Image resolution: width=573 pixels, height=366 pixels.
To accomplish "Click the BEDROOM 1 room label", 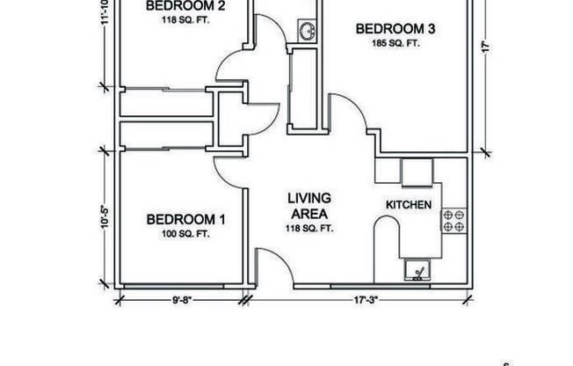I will (x=185, y=218).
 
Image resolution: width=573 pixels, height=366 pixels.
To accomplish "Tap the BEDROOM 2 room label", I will (x=186, y=5).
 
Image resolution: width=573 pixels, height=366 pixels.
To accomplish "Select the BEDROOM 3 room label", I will (x=395, y=28).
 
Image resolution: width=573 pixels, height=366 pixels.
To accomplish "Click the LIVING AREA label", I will (x=308, y=205).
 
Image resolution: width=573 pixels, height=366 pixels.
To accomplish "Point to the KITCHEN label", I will (x=409, y=205).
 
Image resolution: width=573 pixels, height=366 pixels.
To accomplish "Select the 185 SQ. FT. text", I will (x=395, y=42).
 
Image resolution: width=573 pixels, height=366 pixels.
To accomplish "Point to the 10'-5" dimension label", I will (x=105, y=216).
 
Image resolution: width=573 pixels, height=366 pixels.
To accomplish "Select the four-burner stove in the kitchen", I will (x=453, y=220).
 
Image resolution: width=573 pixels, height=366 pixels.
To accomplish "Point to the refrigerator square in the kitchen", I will (x=417, y=172).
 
